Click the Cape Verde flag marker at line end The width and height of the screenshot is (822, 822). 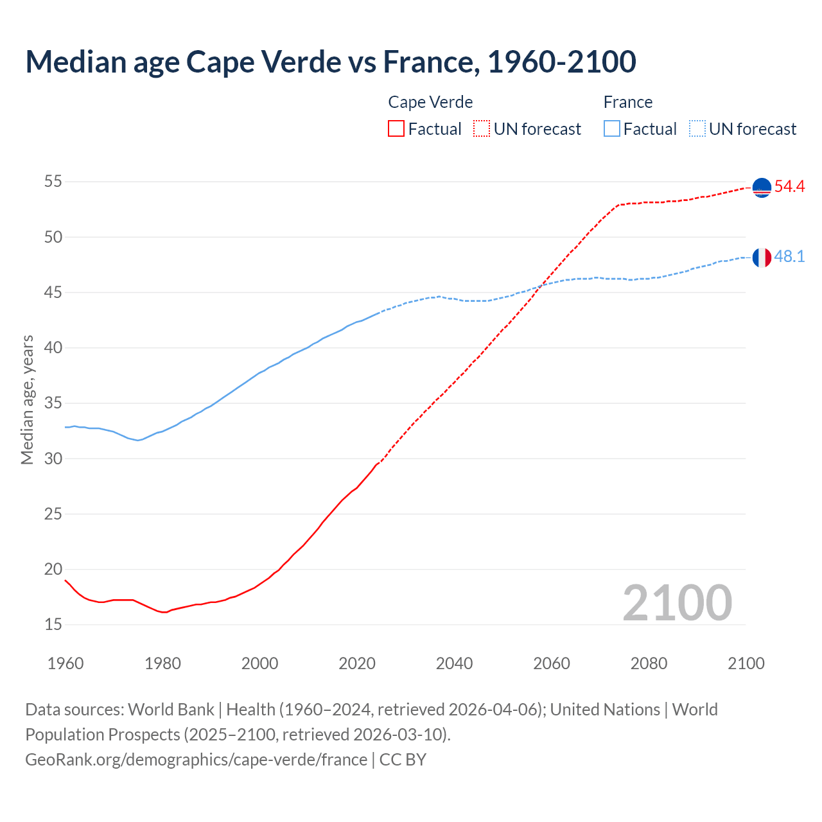pos(762,188)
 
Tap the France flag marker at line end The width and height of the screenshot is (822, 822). pos(762,258)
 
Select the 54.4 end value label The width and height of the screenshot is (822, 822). pos(789,187)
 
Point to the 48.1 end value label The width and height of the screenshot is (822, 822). pos(789,257)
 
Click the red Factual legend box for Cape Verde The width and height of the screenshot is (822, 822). pos(396,129)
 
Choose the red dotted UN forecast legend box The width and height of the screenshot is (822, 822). pos(482,129)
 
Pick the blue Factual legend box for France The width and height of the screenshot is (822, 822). pos(612,129)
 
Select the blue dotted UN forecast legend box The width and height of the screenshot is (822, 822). pos(697,129)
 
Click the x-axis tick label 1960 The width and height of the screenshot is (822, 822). pos(66,663)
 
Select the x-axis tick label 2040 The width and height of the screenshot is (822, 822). pos(454,663)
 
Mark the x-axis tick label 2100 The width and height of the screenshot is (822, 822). pos(746,663)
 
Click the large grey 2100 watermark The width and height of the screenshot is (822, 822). pos(677,602)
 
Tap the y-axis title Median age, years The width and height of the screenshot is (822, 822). pos(27,399)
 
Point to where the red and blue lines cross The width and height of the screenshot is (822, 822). pos(541,286)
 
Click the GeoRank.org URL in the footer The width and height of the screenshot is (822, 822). pos(196,760)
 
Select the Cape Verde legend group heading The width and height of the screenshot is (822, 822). pos(430,102)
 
